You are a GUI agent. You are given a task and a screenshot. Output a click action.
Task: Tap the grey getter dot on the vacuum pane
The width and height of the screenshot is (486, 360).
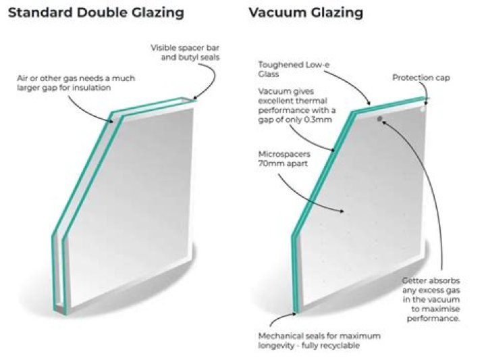[x=381, y=119]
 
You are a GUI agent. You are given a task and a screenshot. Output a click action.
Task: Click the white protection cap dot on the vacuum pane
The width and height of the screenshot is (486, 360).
[x=421, y=106]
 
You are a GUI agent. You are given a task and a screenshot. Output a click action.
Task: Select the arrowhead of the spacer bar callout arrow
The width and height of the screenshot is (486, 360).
[x=194, y=101]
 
